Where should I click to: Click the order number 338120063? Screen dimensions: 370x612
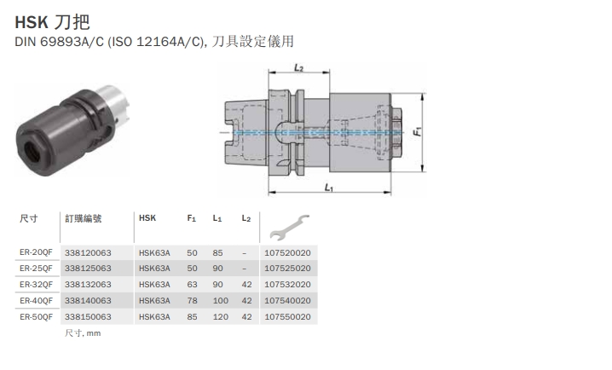coord(88,252)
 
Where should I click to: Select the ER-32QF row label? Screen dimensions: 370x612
coord(36,284)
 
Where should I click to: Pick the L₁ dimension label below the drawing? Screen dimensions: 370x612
coord(329,187)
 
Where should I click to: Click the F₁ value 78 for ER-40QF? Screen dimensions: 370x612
coord(192,300)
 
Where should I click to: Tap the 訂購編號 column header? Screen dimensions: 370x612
coord(83,218)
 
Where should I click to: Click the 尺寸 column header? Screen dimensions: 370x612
coord(29,218)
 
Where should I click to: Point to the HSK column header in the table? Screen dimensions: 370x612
coord(147,218)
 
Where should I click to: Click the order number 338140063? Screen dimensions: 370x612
coord(88,300)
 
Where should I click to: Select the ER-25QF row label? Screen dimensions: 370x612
coord(36,269)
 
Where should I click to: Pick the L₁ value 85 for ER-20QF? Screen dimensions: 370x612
coord(217,252)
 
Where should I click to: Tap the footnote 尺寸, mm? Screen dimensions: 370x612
coord(83,333)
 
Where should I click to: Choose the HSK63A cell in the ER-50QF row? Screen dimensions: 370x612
coord(154,316)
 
